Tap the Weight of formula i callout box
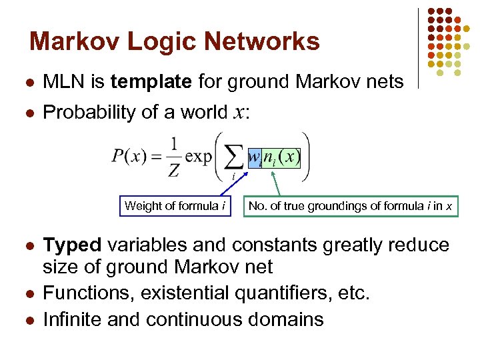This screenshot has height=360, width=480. pyautogui.click(x=175, y=206)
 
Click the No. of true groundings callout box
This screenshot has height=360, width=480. pyautogui.click(x=351, y=206)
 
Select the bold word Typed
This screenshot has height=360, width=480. pyautogui.click(x=71, y=245)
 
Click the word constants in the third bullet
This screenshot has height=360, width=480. pyautogui.click(x=271, y=245)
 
